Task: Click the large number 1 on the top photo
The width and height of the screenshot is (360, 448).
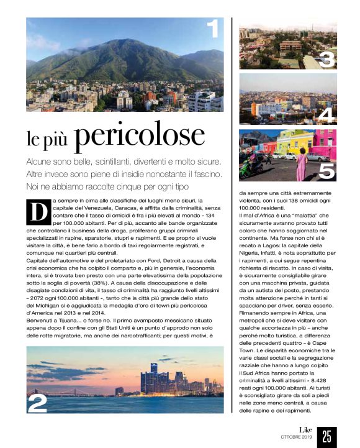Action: click(213, 29)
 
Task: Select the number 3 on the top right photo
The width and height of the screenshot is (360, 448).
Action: click(326, 59)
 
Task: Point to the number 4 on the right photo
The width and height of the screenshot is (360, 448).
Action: click(326, 114)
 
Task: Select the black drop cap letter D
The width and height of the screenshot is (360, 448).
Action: click(38, 211)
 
